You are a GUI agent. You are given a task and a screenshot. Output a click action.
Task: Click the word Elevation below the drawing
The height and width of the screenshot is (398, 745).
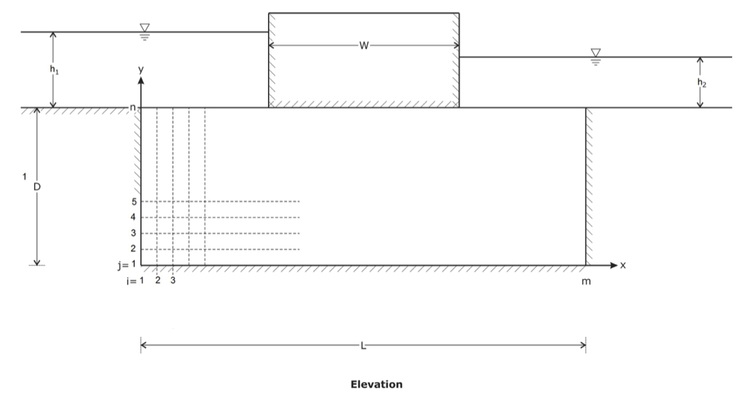[376, 385]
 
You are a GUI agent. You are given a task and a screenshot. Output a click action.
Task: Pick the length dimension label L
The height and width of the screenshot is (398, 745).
[364, 346]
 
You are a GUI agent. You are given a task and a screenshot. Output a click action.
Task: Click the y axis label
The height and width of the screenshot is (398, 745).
[141, 69]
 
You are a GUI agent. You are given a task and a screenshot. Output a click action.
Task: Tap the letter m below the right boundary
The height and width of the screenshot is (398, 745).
[586, 282]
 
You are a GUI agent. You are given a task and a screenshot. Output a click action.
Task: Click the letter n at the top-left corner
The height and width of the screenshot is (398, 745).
[133, 108]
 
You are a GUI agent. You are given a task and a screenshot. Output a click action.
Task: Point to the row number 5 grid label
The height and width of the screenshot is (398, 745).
[133, 202]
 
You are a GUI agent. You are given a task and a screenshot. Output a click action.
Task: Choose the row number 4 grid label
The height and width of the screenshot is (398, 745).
[133, 217]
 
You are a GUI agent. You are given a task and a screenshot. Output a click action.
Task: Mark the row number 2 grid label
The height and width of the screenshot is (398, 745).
[133, 249]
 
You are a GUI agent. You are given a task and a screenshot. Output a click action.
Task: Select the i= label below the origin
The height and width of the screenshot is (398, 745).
[126, 281]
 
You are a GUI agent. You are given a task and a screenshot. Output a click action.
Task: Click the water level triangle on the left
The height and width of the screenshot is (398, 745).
[145, 27]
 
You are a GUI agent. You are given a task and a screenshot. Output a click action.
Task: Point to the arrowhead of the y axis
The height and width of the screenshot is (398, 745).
[141, 80]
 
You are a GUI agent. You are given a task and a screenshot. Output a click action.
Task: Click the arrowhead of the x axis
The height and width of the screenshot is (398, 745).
[614, 266]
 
